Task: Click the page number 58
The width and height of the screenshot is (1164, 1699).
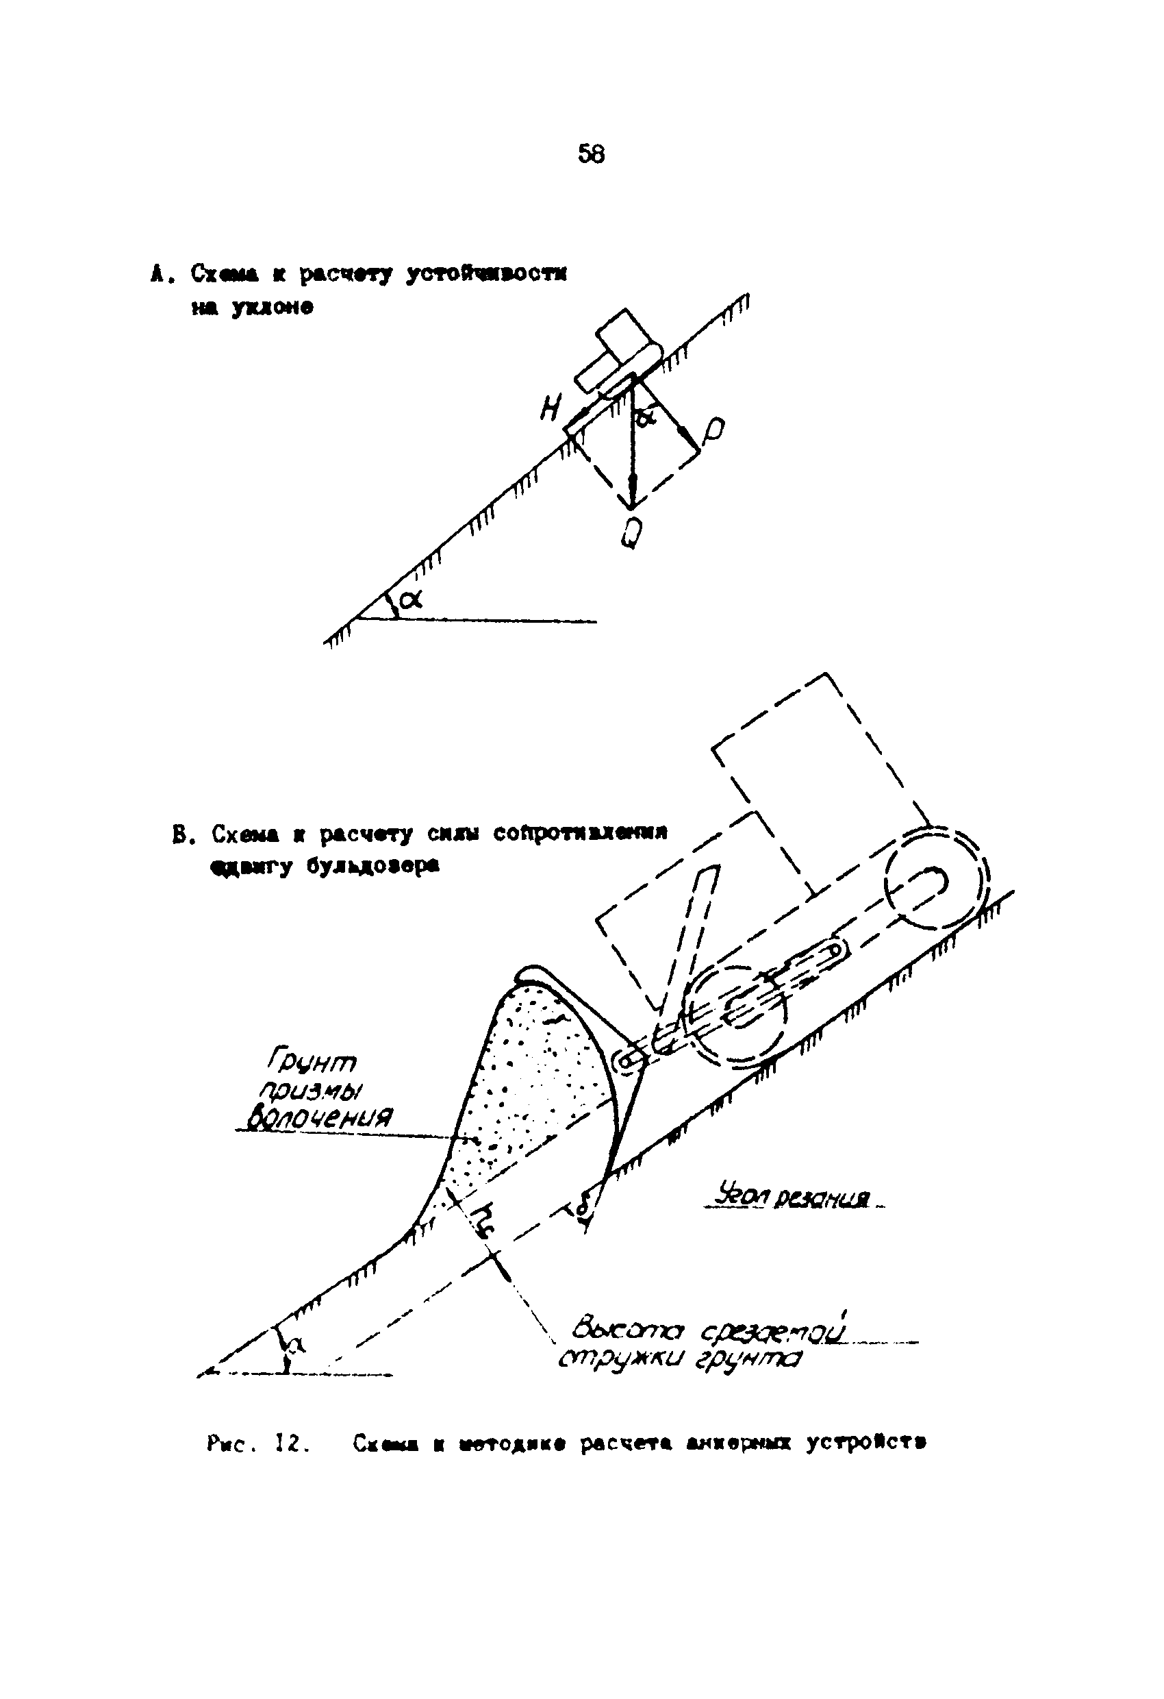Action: pos(590,154)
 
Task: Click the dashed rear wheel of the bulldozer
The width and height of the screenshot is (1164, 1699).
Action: pos(936,882)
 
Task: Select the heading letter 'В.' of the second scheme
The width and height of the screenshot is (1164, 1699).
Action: pos(181,834)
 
